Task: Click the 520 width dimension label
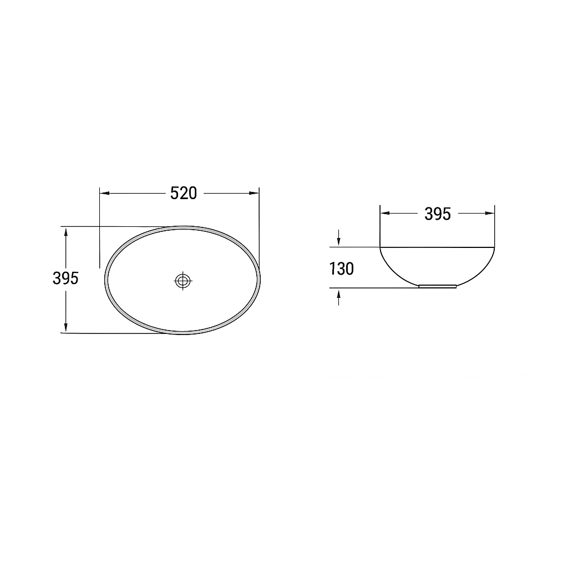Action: pyautogui.click(x=184, y=193)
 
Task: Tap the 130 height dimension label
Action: pyautogui.click(x=341, y=269)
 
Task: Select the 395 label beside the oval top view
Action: pyautogui.click(x=65, y=278)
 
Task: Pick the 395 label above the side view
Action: pyautogui.click(x=438, y=214)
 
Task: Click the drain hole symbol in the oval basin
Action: pyautogui.click(x=183, y=280)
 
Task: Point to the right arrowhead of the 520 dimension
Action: pyautogui.click(x=254, y=193)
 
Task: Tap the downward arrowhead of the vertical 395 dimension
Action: pyautogui.click(x=65, y=327)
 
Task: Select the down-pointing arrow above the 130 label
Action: pyautogui.click(x=339, y=237)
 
